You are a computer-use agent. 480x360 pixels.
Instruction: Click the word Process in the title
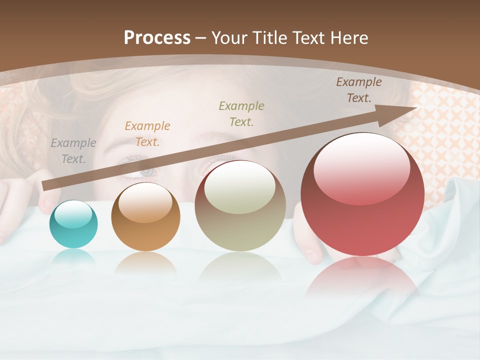pos(157,38)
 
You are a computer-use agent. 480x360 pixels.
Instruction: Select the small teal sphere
pos(73,224)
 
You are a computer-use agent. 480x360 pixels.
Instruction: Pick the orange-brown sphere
pos(145,216)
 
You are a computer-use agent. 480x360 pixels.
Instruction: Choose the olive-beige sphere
pos(240,205)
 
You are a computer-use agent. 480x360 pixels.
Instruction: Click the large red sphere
pos(362,194)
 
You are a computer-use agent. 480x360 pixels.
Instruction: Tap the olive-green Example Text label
pos(241,113)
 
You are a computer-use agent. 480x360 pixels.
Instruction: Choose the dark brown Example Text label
pos(359,90)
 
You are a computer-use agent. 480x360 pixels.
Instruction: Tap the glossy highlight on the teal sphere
pos(73,214)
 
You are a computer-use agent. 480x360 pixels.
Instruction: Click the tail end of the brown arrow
pos(46,186)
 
